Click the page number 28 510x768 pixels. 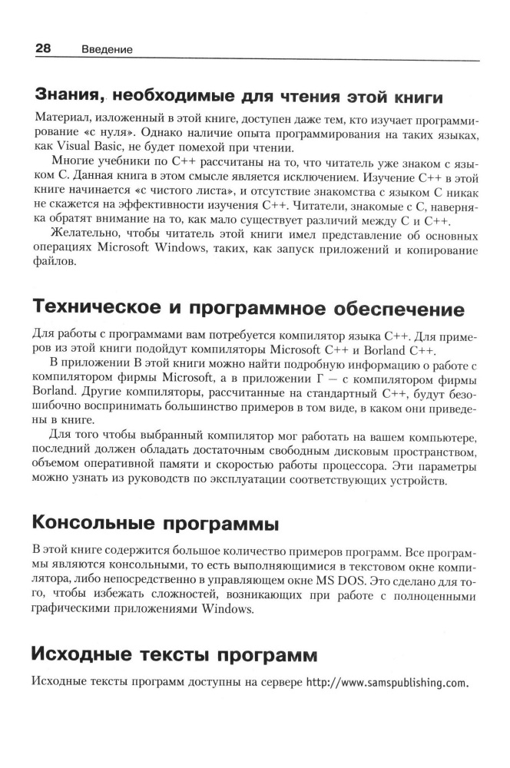[x=42, y=48]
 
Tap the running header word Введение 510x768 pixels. [x=107, y=50]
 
